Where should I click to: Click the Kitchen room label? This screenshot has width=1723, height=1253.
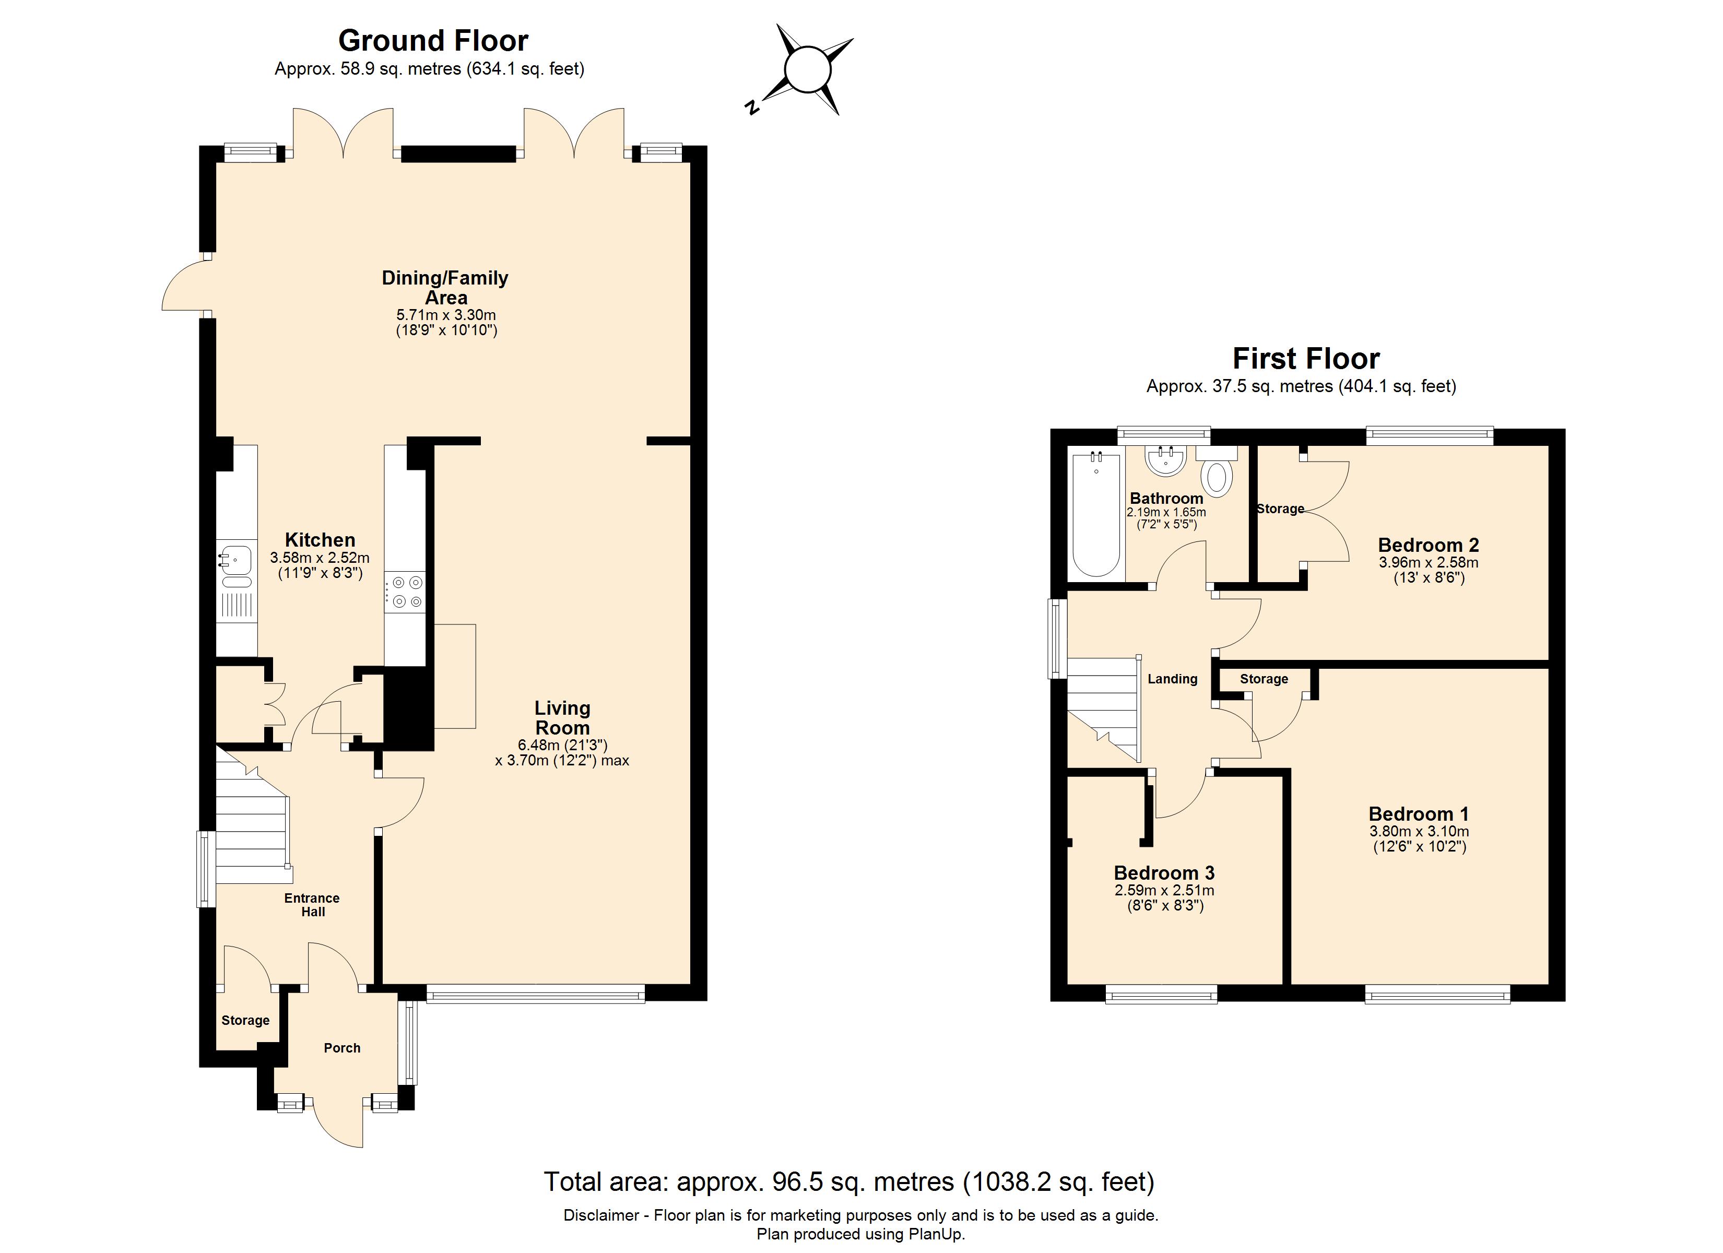click(x=320, y=540)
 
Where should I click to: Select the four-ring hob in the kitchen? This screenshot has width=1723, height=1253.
click(x=406, y=593)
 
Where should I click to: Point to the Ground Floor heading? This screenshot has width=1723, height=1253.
click(x=433, y=40)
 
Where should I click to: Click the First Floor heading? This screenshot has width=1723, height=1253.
click(x=1305, y=358)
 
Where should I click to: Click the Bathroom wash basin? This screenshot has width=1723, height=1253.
click(x=1165, y=461)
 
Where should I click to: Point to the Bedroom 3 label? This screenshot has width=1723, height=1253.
click(x=1164, y=872)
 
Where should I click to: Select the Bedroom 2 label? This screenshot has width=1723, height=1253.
click(x=1428, y=545)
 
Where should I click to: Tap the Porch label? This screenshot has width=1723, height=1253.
click(x=342, y=1048)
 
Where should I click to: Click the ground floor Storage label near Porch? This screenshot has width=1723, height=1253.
click(x=245, y=1021)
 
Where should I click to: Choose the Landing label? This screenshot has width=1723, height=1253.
click(x=1172, y=679)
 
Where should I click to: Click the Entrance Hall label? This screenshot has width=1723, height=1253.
click(x=312, y=904)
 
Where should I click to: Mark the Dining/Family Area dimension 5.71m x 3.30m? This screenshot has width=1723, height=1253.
click(x=446, y=315)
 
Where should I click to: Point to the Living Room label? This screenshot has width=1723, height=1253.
click(x=562, y=717)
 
